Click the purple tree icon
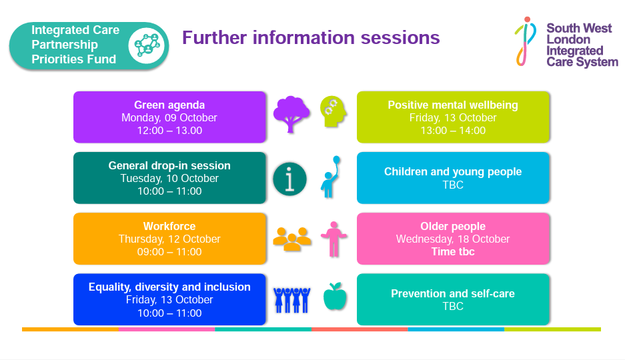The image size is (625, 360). tap(291, 114)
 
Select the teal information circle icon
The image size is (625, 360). tap(289, 179)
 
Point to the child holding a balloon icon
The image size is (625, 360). tap(331, 177)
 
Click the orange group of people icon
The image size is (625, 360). tap(291, 239)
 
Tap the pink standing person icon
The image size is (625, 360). tap(334, 239)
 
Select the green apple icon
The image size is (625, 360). tap(335, 296)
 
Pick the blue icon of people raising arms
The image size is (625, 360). tap(291, 300)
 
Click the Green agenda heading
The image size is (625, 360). tap(169, 105)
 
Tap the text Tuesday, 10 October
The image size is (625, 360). tap(169, 179)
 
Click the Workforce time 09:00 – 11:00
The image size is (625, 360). tap(169, 252)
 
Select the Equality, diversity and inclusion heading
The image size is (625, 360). tap(169, 287)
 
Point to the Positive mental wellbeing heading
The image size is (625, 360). tap(453, 105)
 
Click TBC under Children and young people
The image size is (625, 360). tap(453, 185)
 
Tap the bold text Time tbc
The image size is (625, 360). tap(453, 252)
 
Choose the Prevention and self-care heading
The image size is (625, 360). tap(453, 293)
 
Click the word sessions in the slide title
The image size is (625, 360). tap(400, 38)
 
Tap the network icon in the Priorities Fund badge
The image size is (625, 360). tap(147, 45)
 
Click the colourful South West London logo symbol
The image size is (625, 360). tap(526, 41)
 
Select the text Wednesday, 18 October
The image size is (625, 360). tap(453, 239)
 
